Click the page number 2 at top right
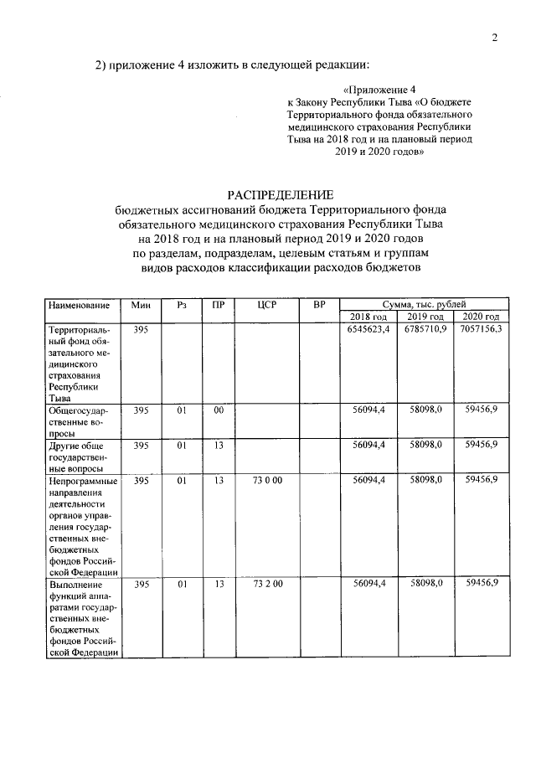495,37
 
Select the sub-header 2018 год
368,317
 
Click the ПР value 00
218,410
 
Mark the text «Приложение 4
379,89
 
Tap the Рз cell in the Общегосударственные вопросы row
181,410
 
